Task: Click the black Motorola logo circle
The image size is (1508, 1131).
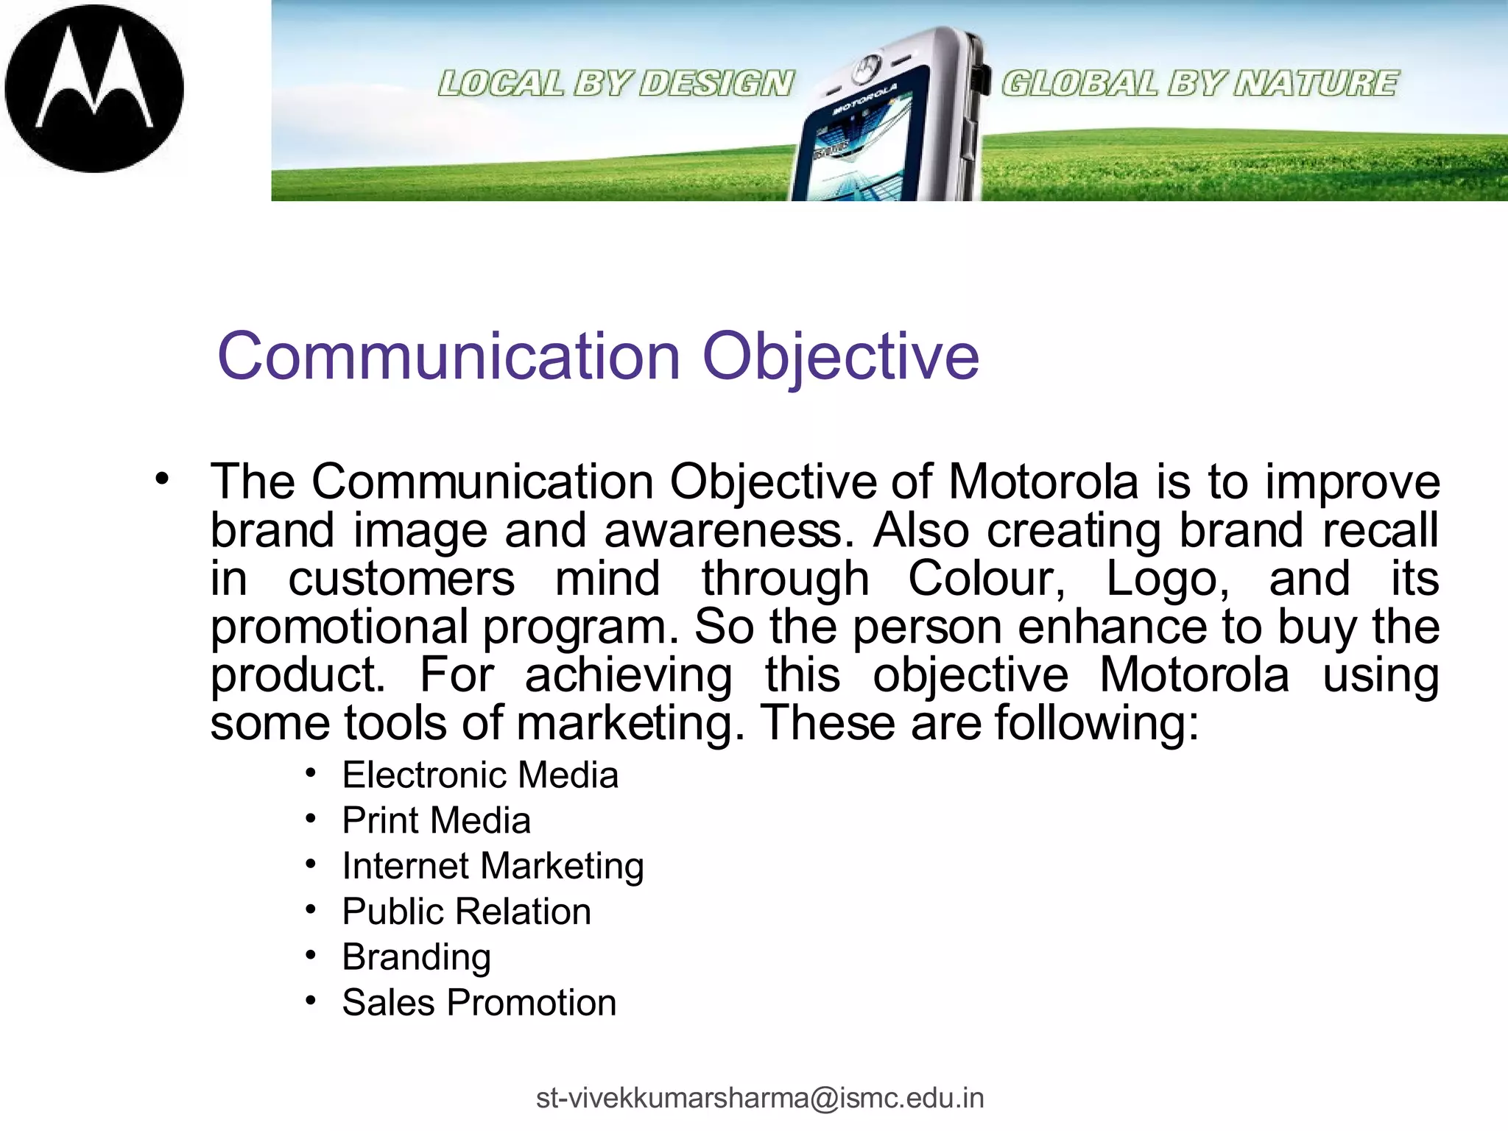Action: click(x=94, y=88)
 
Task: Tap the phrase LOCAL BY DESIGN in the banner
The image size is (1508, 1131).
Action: click(x=616, y=83)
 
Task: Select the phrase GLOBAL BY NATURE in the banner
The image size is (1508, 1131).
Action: click(x=1199, y=83)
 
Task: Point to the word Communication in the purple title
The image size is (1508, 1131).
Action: click(x=449, y=357)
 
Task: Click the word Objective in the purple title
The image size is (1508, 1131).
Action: click(x=840, y=357)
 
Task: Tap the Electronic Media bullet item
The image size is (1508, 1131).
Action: click(x=480, y=775)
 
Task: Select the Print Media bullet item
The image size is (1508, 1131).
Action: click(x=436, y=821)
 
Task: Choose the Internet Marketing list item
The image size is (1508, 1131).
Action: click(x=493, y=866)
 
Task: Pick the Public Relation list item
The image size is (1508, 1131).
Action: click(x=466, y=912)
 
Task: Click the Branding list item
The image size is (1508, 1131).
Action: click(x=416, y=957)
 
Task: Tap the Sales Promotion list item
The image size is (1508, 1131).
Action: click(x=479, y=1003)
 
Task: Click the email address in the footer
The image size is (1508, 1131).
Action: click(x=760, y=1098)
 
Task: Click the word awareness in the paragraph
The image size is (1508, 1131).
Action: click(x=723, y=531)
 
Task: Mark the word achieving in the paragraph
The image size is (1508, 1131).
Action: click(x=628, y=676)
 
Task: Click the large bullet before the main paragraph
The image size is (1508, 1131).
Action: click(x=162, y=479)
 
